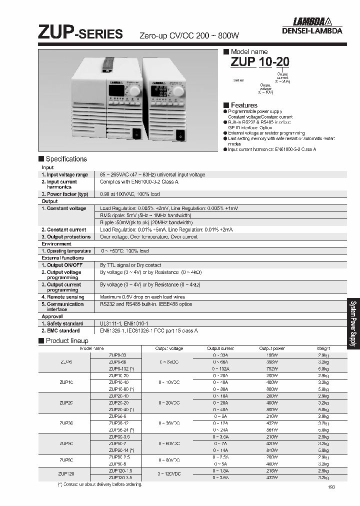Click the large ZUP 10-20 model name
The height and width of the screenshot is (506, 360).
pos(259,62)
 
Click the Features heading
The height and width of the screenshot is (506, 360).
pos(243,105)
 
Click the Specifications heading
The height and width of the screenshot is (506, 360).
pos(65,159)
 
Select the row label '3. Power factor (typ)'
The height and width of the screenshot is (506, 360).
pos(64,194)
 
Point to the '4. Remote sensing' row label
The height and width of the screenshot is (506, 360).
pos(62,297)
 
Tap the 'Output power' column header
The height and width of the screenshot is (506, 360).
pos(271,348)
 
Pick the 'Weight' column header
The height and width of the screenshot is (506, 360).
pos(323,348)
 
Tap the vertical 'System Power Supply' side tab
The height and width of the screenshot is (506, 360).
pos(353,330)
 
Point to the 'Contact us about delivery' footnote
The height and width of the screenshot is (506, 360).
pos(93,484)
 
